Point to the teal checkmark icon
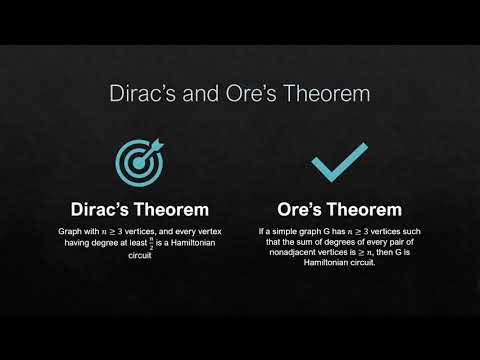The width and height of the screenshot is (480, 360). pos(337,161)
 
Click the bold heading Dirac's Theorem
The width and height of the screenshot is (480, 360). pos(139,210)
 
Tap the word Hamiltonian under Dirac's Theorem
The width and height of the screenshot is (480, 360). pos(191,243)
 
